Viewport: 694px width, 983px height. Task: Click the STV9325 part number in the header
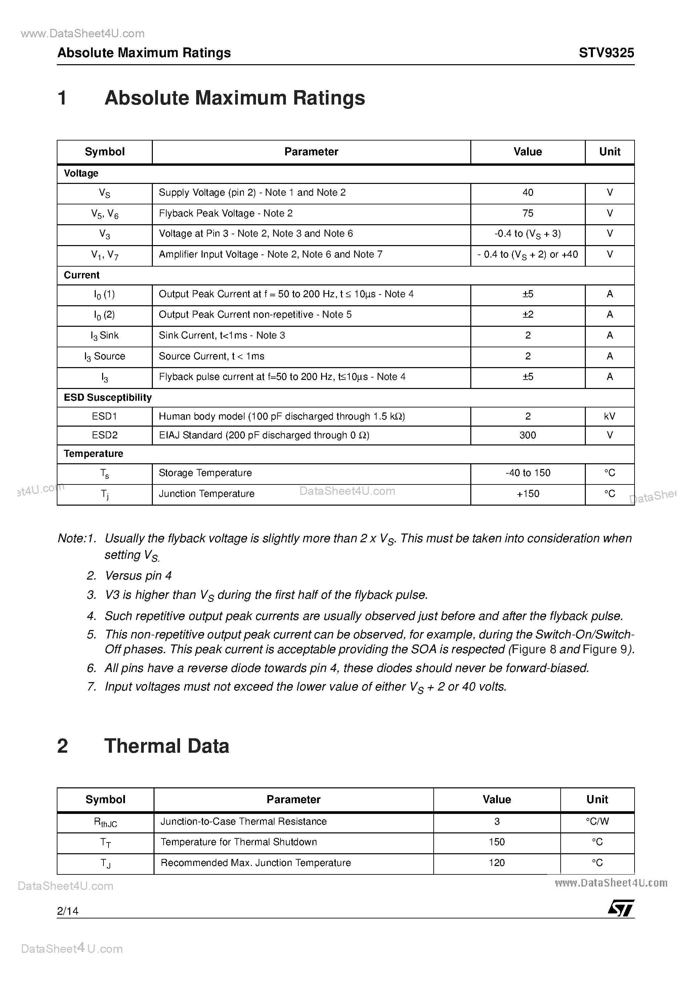[x=606, y=53]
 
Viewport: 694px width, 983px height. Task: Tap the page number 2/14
[x=68, y=911]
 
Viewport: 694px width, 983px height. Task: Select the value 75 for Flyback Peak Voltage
[x=528, y=213]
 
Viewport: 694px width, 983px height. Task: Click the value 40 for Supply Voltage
[x=528, y=193]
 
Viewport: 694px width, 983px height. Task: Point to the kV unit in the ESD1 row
[x=609, y=416]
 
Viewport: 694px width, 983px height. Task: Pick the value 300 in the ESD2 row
[x=528, y=435]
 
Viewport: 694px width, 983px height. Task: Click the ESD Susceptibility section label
[x=108, y=397]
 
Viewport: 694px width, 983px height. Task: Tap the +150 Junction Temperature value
[x=528, y=494]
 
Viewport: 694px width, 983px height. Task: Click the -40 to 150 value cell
[x=528, y=473]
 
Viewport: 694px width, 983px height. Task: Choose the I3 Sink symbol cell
[x=104, y=336]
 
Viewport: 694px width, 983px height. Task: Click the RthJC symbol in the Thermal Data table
[x=105, y=822]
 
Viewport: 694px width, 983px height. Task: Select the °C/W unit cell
[x=597, y=821]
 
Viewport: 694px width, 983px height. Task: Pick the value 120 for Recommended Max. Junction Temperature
[x=497, y=863]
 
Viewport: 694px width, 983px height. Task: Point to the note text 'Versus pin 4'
[x=138, y=576]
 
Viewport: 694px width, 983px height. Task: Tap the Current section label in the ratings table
[x=81, y=275]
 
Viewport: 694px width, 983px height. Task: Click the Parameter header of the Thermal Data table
[x=294, y=799]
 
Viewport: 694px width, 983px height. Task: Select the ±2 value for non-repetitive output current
[x=528, y=315]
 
